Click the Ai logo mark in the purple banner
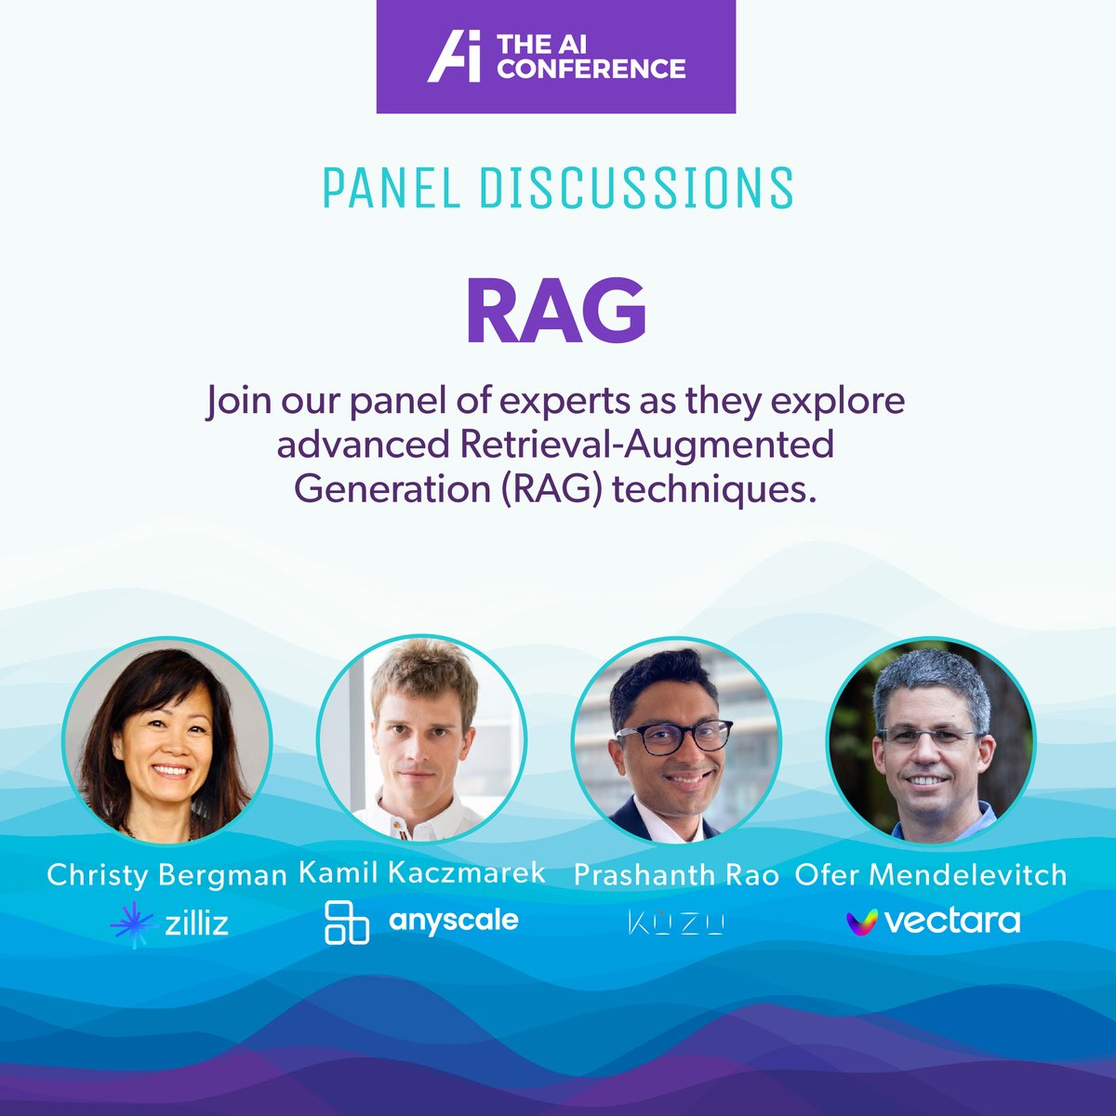click(x=453, y=57)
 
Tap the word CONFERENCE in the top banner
click(x=591, y=69)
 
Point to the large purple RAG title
click(x=556, y=312)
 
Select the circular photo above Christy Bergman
click(x=166, y=740)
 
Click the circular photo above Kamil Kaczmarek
click(x=421, y=738)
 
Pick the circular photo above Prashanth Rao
click(x=676, y=740)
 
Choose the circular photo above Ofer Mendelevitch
click(x=930, y=740)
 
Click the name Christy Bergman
click(x=166, y=874)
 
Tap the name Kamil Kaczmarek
click(x=422, y=872)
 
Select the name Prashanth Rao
click(x=676, y=874)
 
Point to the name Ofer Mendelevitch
click(x=930, y=874)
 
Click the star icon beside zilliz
click(x=131, y=923)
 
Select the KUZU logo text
click(x=676, y=923)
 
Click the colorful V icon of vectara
click(x=862, y=922)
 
